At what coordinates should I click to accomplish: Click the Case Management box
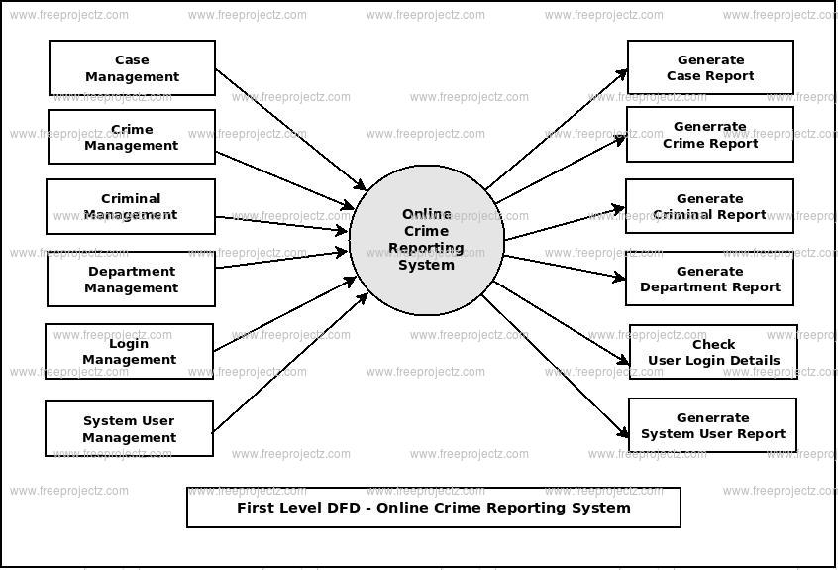click(x=132, y=68)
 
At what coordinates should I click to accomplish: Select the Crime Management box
click(x=132, y=137)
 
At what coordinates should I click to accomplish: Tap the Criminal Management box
click(x=131, y=206)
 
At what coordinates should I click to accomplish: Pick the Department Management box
click(x=131, y=280)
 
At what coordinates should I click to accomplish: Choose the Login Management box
click(x=129, y=352)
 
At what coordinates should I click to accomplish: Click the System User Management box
click(x=129, y=429)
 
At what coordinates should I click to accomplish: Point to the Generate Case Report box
click(x=710, y=67)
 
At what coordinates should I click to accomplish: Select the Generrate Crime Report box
click(x=710, y=135)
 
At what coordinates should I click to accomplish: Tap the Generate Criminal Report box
click(x=709, y=206)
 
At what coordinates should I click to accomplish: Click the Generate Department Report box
click(x=709, y=279)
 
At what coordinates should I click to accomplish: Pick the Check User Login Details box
click(x=713, y=352)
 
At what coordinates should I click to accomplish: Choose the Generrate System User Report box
click(x=712, y=425)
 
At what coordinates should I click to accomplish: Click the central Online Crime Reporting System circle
click(x=427, y=240)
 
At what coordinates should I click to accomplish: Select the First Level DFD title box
click(x=434, y=508)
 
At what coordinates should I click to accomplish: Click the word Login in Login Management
click(x=129, y=344)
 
